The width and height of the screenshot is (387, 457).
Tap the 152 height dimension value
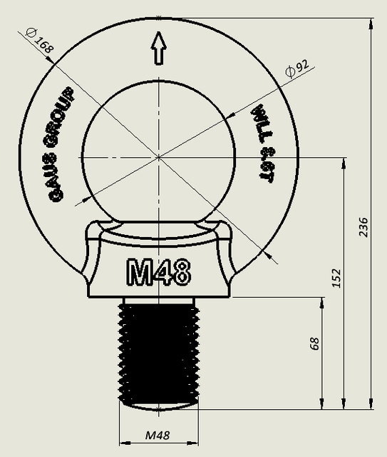(x=336, y=278)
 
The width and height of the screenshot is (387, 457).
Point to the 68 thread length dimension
(x=314, y=343)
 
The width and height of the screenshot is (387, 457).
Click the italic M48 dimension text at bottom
(x=158, y=435)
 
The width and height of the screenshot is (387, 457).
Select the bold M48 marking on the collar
(x=158, y=271)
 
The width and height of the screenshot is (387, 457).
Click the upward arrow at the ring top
(x=158, y=52)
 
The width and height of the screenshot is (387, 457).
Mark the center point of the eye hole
(x=158, y=156)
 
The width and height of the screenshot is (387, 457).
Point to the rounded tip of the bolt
(x=158, y=406)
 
